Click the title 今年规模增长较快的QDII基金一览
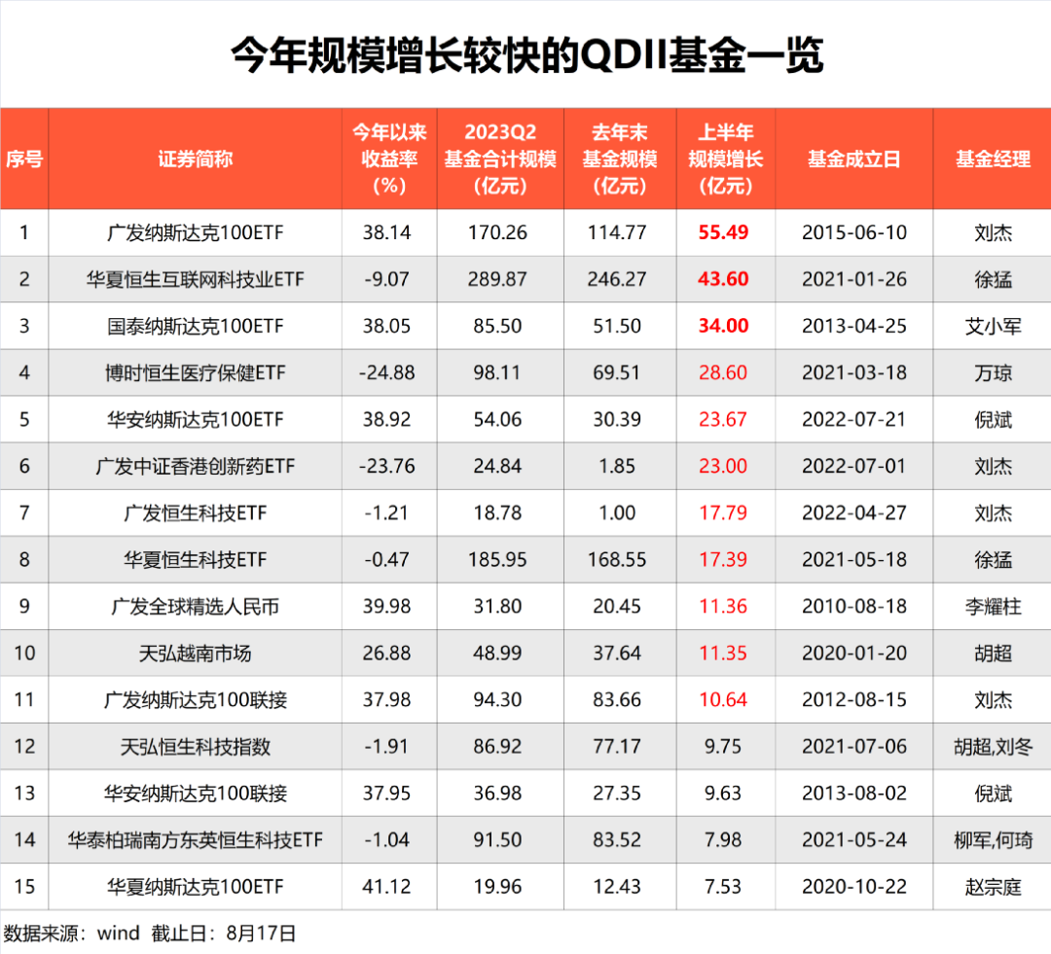525,55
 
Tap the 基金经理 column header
992,159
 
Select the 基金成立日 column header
853,159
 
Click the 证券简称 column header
195,159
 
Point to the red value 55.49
723,232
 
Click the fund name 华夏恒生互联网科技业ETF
195,279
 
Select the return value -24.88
386,372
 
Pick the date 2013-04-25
853,326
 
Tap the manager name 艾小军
992,326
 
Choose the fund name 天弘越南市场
195,653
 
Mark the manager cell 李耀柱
992,606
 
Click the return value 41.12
386,886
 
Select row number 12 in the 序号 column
24,746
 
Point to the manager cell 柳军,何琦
992,839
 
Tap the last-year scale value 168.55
617,559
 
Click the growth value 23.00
723,466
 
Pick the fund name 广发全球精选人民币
195,606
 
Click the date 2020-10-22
853,886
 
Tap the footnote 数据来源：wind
73,934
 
